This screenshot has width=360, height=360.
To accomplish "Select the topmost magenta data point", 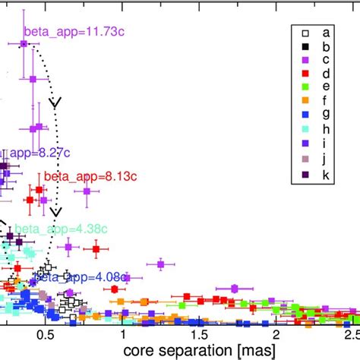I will [x=24, y=45].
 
